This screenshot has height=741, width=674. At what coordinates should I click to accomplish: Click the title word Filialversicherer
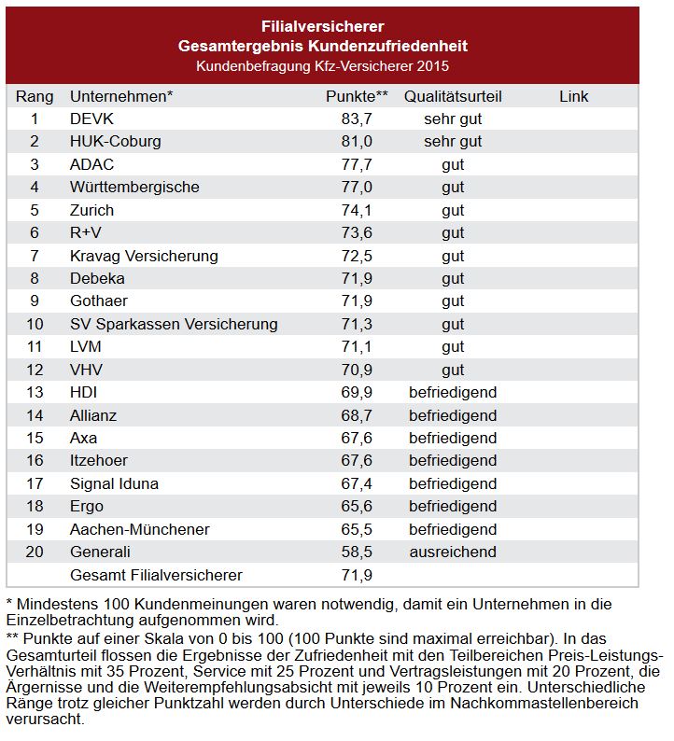click(x=322, y=26)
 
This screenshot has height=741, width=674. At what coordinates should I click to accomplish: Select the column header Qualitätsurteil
click(x=453, y=96)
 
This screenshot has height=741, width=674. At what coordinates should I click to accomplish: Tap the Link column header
click(x=574, y=96)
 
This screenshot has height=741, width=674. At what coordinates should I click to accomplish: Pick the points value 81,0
click(x=358, y=142)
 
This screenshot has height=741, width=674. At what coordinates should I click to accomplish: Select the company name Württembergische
click(x=134, y=187)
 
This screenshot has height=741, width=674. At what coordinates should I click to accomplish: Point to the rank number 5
click(x=35, y=210)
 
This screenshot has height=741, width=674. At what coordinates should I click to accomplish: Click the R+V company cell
click(x=86, y=232)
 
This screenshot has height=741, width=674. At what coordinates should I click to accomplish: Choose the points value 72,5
click(x=358, y=256)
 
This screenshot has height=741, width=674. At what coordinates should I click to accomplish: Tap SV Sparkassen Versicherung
click(x=174, y=324)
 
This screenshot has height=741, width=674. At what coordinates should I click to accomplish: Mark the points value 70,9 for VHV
click(x=358, y=370)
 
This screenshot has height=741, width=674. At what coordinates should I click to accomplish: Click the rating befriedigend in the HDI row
click(x=453, y=392)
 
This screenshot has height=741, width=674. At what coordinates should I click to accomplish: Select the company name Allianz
click(x=93, y=415)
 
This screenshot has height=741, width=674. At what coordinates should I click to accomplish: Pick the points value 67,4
click(x=358, y=483)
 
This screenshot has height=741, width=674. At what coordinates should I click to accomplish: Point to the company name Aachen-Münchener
click(x=140, y=529)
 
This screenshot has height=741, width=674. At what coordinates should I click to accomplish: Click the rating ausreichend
click(x=453, y=552)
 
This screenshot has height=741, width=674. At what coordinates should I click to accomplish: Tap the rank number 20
click(x=35, y=552)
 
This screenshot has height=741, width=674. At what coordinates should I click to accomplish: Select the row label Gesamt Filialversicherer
click(x=156, y=575)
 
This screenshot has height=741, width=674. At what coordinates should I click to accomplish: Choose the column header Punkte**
click(x=357, y=96)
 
